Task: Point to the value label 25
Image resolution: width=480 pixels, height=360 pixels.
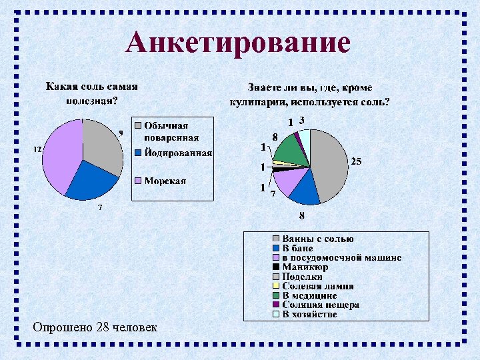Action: (357, 162)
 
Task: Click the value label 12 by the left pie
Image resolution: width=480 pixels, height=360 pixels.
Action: (39, 149)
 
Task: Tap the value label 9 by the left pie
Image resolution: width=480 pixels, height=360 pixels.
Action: (121, 133)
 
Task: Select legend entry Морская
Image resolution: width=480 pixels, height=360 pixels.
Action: (165, 181)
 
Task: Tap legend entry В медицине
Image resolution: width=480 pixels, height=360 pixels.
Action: (309, 295)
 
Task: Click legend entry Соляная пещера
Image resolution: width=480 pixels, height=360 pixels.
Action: (321, 305)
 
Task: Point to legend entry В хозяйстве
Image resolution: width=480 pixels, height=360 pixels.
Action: (309, 314)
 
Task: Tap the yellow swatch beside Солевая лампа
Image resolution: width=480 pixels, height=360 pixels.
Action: (275, 286)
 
